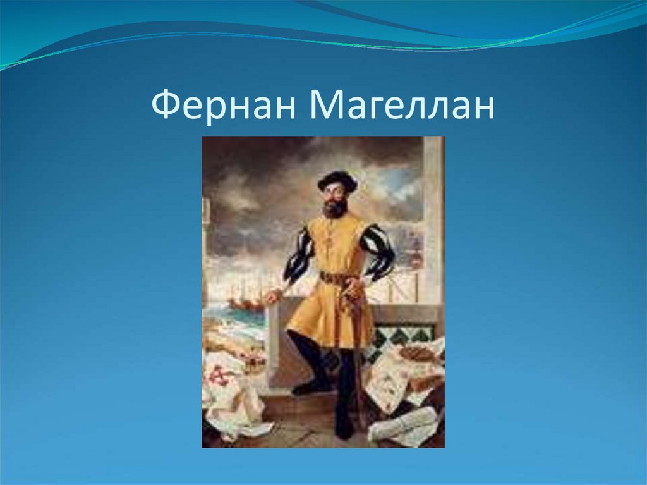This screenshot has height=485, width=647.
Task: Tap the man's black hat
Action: tap(337, 181)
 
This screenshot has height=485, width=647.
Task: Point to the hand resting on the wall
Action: tap(272, 295)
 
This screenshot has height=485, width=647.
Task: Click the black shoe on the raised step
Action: tap(311, 386)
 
